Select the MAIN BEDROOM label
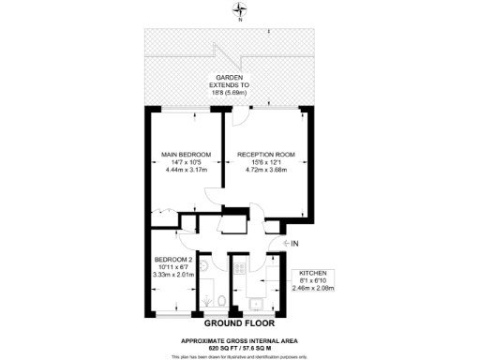[x=185, y=154]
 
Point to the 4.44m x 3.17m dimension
[x=185, y=171]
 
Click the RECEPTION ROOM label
[x=266, y=154]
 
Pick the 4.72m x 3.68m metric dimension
[x=266, y=171]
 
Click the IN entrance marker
[x=294, y=244]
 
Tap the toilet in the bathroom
[x=218, y=300]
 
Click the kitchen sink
[x=255, y=302]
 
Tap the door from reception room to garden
[x=241, y=115]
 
